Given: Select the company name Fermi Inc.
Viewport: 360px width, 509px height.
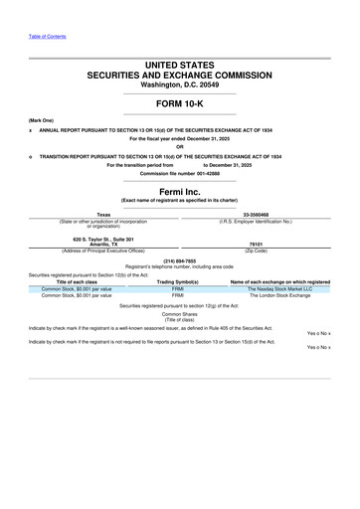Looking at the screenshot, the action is point(179,191).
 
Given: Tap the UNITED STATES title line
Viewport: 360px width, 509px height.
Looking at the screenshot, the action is point(179,65).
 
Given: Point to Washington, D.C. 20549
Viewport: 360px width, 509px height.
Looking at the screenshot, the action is point(179,85).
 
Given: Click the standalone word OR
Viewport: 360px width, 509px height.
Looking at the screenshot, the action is point(179,147).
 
